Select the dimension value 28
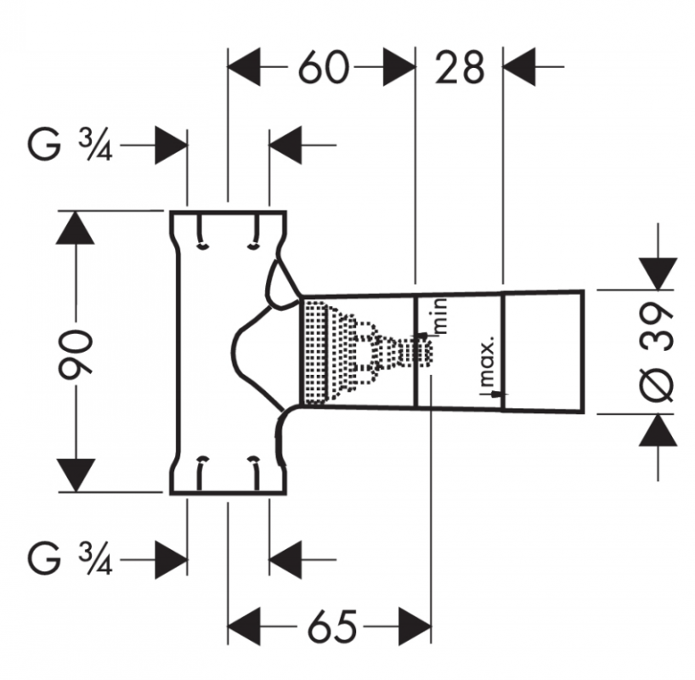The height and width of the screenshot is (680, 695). coord(459,68)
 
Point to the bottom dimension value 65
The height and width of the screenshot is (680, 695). coord(332,626)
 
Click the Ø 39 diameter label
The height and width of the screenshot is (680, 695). coord(658,353)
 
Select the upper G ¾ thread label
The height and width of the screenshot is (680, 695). coord(70,145)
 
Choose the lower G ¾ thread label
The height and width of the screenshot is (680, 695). coord(70,560)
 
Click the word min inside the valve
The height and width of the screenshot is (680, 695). coord(441,316)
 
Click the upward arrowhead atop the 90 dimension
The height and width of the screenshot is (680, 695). coord(76,227)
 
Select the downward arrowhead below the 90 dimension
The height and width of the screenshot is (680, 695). coord(76,475)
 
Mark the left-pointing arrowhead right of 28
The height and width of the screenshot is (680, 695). coord(519,67)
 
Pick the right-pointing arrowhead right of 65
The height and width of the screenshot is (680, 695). coord(415,626)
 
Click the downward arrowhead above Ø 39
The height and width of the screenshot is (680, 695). coord(658,274)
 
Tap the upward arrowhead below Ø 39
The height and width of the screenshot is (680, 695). coord(658,430)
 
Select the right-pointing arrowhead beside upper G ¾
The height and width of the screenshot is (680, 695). coord(171,145)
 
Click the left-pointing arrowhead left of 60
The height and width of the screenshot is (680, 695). coord(244,67)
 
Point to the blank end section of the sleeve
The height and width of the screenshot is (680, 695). coord(543,352)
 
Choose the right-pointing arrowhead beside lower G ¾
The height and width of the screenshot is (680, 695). coord(171,560)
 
